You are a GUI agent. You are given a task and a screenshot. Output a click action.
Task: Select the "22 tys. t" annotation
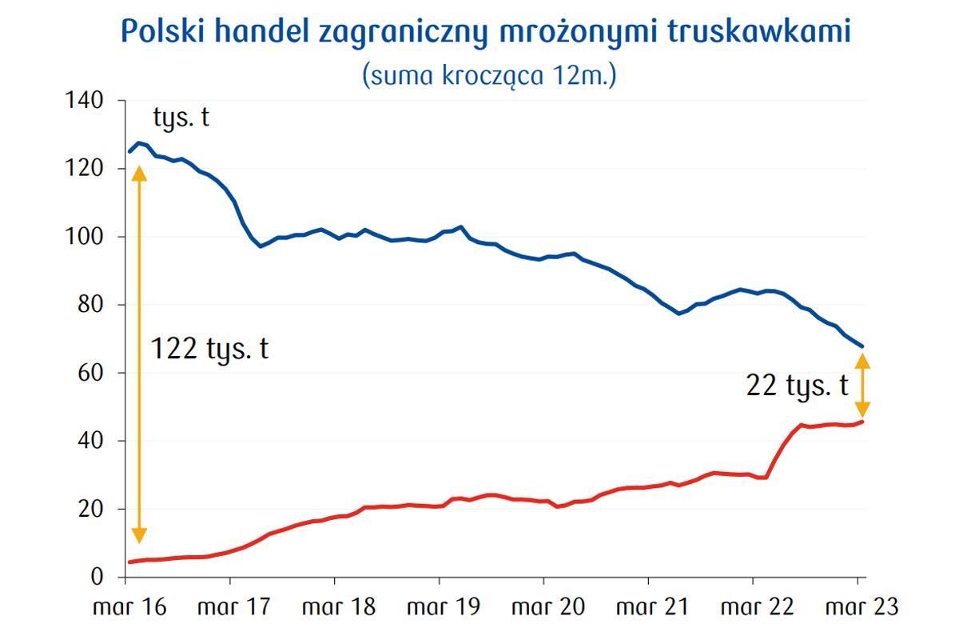(797, 387)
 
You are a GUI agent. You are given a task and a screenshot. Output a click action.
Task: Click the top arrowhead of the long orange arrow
(139, 172)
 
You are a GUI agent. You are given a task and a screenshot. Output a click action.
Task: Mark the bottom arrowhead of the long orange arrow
(139, 537)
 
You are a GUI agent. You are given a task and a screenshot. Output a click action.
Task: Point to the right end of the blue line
(862, 346)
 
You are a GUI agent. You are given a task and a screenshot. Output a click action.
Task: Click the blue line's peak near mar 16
(138, 143)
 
